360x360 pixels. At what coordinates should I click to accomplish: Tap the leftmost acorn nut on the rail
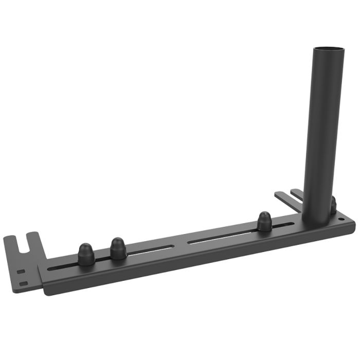86,255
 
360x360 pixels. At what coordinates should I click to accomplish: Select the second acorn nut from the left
118,248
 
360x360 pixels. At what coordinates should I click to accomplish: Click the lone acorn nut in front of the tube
265,221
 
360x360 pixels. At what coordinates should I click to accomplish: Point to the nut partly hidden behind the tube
333,205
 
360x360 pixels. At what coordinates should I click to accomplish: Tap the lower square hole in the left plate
23,282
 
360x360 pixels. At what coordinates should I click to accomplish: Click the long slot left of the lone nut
221,237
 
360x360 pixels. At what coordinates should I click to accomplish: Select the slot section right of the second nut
149,251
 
